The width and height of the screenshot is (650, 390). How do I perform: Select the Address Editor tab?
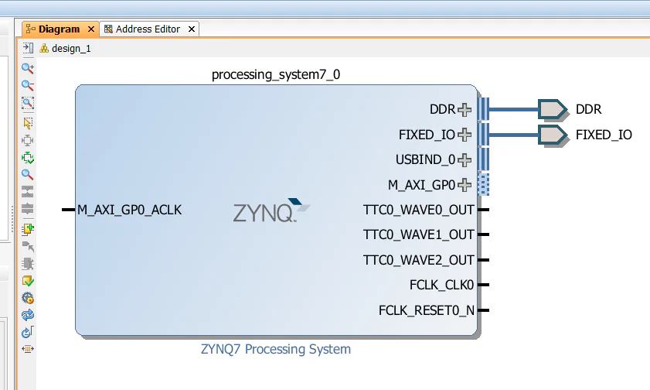(x=148, y=29)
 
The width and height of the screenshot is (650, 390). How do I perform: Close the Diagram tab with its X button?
(x=91, y=29)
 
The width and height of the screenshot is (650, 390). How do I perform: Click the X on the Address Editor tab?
(x=192, y=29)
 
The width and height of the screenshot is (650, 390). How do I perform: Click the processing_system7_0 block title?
(x=275, y=75)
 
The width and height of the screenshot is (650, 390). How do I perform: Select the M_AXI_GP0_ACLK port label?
(x=129, y=210)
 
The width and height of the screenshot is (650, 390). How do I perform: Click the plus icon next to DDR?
(x=464, y=110)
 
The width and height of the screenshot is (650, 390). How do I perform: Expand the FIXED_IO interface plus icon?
(x=464, y=135)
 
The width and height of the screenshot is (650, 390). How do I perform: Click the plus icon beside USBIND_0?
(x=464, y=160)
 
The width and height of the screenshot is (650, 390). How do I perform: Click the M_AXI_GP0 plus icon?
(x=464, y=185)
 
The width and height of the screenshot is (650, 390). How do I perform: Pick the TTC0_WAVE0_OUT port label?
(x=418, y=210)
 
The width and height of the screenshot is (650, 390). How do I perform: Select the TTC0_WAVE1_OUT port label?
(x=418, y=234)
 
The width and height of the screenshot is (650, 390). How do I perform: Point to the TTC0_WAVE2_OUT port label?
(x=418, y=260)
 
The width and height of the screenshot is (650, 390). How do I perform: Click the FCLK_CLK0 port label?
(x=441, y=286)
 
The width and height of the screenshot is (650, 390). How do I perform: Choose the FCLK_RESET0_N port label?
(x=426, y=310)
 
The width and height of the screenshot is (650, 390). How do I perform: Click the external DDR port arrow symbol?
(x=552, y=110)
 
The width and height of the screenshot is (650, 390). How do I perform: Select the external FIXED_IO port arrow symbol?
(x=552, y=135)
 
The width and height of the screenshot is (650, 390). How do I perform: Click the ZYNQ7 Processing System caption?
(x=275, y=349)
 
